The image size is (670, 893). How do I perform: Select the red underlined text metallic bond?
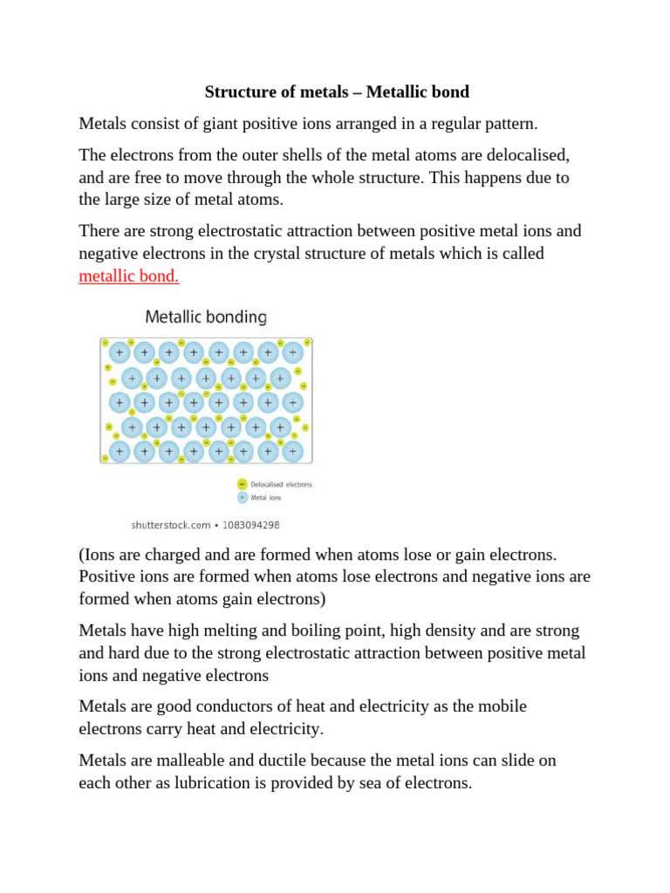point(128,276)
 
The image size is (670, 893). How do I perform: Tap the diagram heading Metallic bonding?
point(206,317)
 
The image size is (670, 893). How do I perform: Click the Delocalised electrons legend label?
point(281,484)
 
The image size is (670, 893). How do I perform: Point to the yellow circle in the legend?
point(242,484)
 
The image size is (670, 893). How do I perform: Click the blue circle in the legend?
point(242,498)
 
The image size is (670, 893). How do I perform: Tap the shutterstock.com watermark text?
point(171,525)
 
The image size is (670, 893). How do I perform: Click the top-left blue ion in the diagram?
point(120,353)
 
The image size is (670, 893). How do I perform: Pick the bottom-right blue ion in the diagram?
point(293,452)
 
